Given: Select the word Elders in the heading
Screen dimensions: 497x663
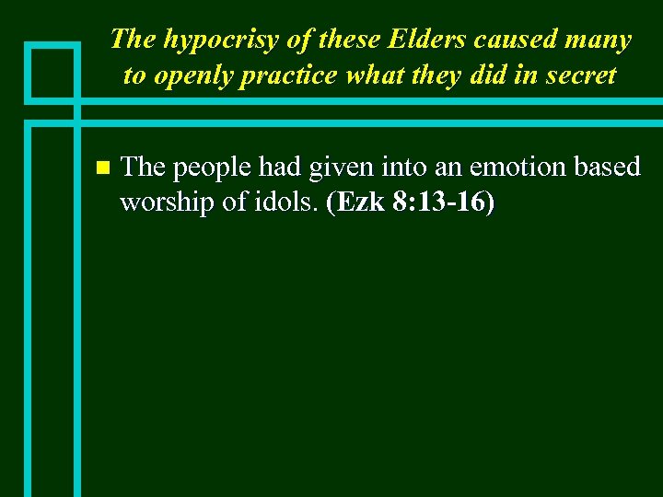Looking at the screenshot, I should click(x=419, y=40).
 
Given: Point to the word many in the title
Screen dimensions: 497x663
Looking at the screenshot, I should click(x=599, y=40).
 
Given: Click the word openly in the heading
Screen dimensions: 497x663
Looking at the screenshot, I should click(x=190, y=75).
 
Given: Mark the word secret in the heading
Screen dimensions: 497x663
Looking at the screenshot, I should click(x=578, y=75).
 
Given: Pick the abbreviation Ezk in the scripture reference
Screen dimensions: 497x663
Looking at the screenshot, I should click(x=361, y=202).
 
